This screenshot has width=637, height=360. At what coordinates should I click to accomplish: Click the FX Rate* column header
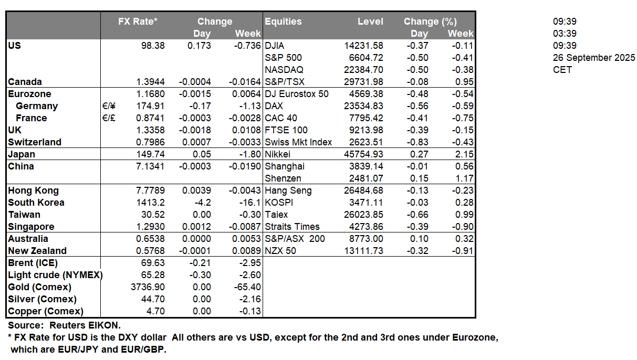[138, 22]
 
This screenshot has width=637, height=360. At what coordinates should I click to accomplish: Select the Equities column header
[283, 22]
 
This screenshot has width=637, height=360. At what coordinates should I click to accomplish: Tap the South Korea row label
[36, 203]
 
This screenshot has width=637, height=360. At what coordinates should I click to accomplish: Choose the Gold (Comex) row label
[39, 287]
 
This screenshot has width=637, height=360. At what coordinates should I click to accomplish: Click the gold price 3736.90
[147, 287]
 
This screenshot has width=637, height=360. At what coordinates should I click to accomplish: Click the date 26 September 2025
[594, 58]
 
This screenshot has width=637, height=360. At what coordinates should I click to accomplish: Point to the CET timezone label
[562, 70]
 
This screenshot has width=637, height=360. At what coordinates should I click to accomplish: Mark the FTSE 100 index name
[286, 130]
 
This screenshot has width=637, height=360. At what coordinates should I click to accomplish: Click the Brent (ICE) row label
[33, 263]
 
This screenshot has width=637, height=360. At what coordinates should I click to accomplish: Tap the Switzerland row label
[35, 142]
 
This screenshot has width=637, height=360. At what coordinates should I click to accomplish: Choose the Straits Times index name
[292, 227]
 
